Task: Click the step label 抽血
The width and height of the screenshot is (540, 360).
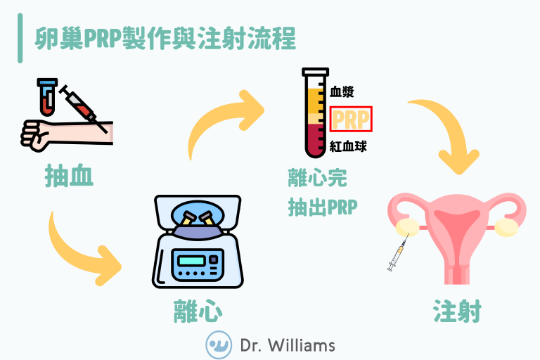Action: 69,176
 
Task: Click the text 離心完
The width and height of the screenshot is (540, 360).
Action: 317,179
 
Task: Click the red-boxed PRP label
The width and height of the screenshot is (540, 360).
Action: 351,120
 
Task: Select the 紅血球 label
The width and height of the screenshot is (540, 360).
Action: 348,147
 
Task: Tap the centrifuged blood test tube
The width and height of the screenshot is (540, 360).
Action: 314,112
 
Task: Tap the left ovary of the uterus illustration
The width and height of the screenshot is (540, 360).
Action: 404,226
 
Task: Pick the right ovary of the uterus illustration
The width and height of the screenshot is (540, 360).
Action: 506,226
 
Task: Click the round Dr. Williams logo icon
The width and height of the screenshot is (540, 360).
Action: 219,345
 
